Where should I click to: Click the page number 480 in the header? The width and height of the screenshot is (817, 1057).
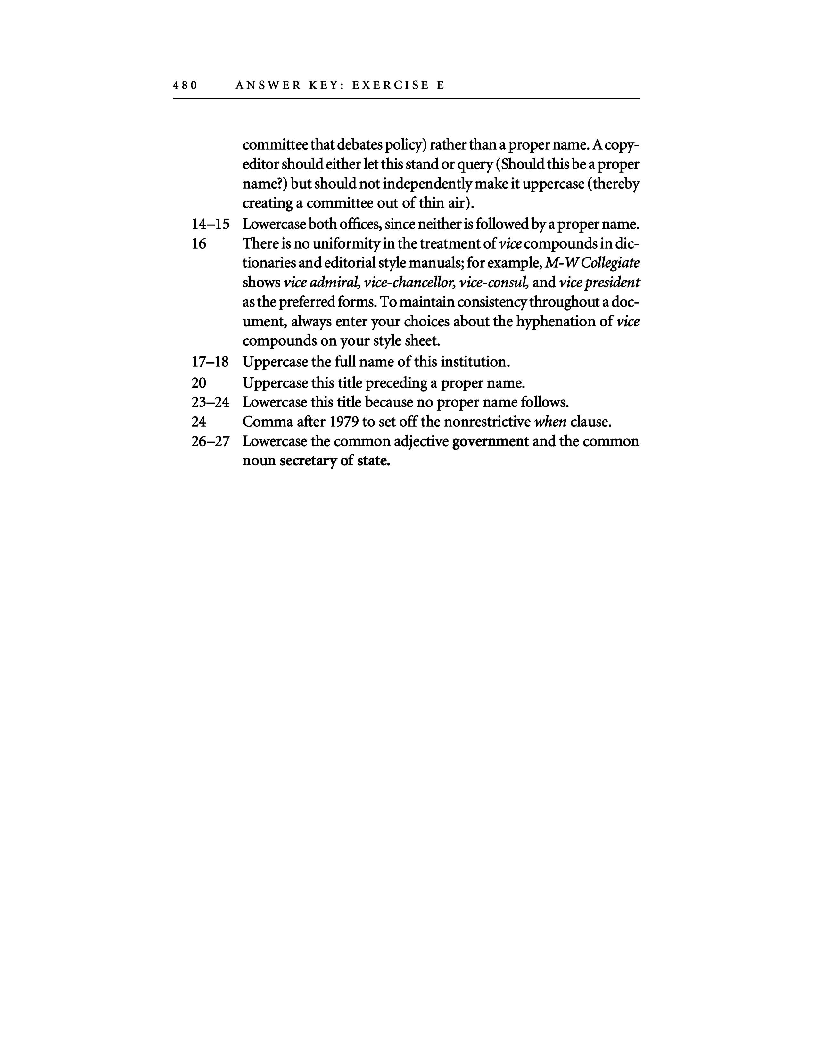coord(185,86)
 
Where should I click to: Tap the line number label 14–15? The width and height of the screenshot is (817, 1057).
coord(210,225)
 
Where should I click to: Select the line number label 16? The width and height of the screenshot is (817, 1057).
coord(199,244)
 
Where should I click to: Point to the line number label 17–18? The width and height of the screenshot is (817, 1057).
coord(210,362)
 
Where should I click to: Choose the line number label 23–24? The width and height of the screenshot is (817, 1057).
coord(210,403)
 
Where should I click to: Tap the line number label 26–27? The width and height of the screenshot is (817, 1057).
coord(210,441)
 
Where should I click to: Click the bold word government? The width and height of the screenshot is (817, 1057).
coord(490,441)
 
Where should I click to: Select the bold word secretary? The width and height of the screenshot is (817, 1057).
coord(308,461)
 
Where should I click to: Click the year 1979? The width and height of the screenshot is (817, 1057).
coord(344,422)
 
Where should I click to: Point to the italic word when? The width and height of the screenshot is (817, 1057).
coord(550,422)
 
